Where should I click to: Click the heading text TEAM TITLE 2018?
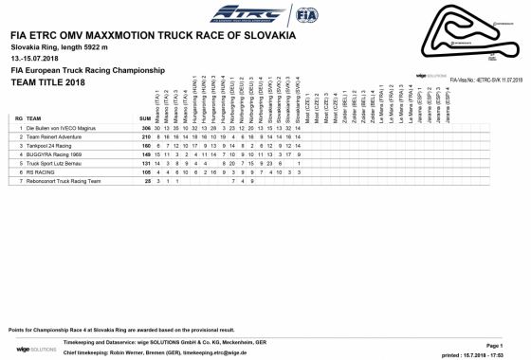point(41,82)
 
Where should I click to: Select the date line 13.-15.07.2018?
point(30,58)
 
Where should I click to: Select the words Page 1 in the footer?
point(493,346)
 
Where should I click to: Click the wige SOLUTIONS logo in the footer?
point(29,350)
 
